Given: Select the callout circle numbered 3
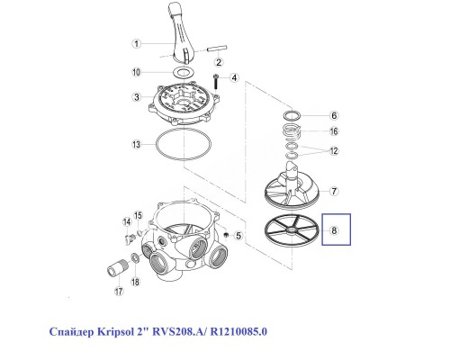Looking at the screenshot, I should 135,98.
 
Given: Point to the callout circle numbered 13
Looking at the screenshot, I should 135,145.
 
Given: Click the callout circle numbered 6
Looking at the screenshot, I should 332,116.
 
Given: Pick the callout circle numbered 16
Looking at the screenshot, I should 332,131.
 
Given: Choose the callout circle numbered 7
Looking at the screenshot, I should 332,191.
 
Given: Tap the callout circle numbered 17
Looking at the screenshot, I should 117,292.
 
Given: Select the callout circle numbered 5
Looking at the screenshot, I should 238,236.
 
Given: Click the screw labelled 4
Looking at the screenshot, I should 216,82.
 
